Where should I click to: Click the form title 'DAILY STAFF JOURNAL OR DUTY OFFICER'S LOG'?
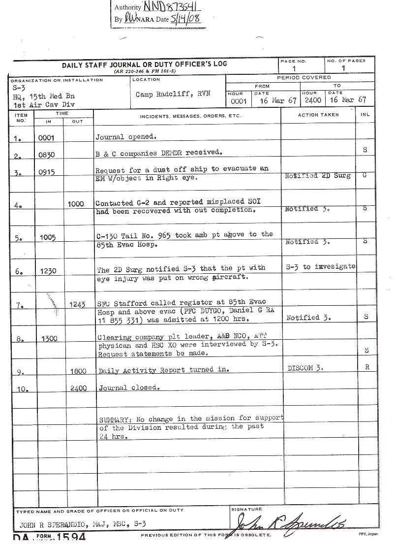point(144,65)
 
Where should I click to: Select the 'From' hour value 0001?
point(239,100)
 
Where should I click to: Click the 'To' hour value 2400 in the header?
point(312,100)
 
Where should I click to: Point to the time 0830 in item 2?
point(47,155)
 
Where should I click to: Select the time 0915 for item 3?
point(47,172)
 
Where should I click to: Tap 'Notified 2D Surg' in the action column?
point(317,176)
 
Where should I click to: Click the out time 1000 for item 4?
point(76,204)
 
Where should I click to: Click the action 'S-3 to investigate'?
point(320,266)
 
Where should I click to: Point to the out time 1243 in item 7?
point(78,305)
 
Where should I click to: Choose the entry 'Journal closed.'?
point(129,387)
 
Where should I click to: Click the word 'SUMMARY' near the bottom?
point(115,419)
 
